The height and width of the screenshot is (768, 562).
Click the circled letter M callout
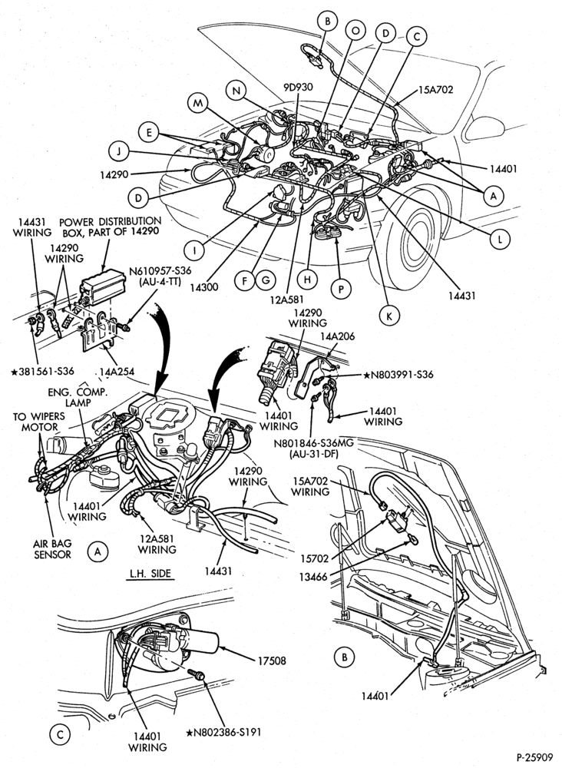coord(198,104)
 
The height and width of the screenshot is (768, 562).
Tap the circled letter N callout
coord(236,91)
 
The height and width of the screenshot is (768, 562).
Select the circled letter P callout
coord(341,289)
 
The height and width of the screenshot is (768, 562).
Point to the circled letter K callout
coord(388,315)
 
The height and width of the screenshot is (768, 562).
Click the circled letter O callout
coord(356,31)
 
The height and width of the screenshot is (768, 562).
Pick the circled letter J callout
coord(118,152)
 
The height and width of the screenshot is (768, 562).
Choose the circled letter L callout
coord(499,239)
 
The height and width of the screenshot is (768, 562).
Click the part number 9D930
coord(298,88)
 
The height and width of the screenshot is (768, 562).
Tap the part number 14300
coord(205,286)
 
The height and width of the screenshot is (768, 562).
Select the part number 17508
coord(272,660)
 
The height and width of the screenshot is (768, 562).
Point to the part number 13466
coord(313,578)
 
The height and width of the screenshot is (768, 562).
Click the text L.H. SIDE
coord(150,573)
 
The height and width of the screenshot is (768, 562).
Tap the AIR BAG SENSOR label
coord(52,548)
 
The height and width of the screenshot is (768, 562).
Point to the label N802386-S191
coord(223,732)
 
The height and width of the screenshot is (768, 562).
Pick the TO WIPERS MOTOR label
coord(38,422)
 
